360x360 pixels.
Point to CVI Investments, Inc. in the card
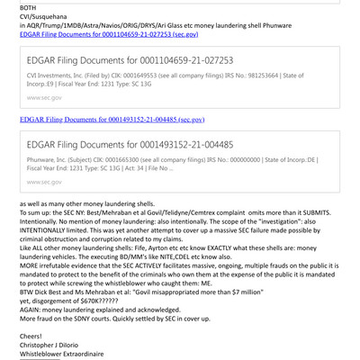point(61,77)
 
